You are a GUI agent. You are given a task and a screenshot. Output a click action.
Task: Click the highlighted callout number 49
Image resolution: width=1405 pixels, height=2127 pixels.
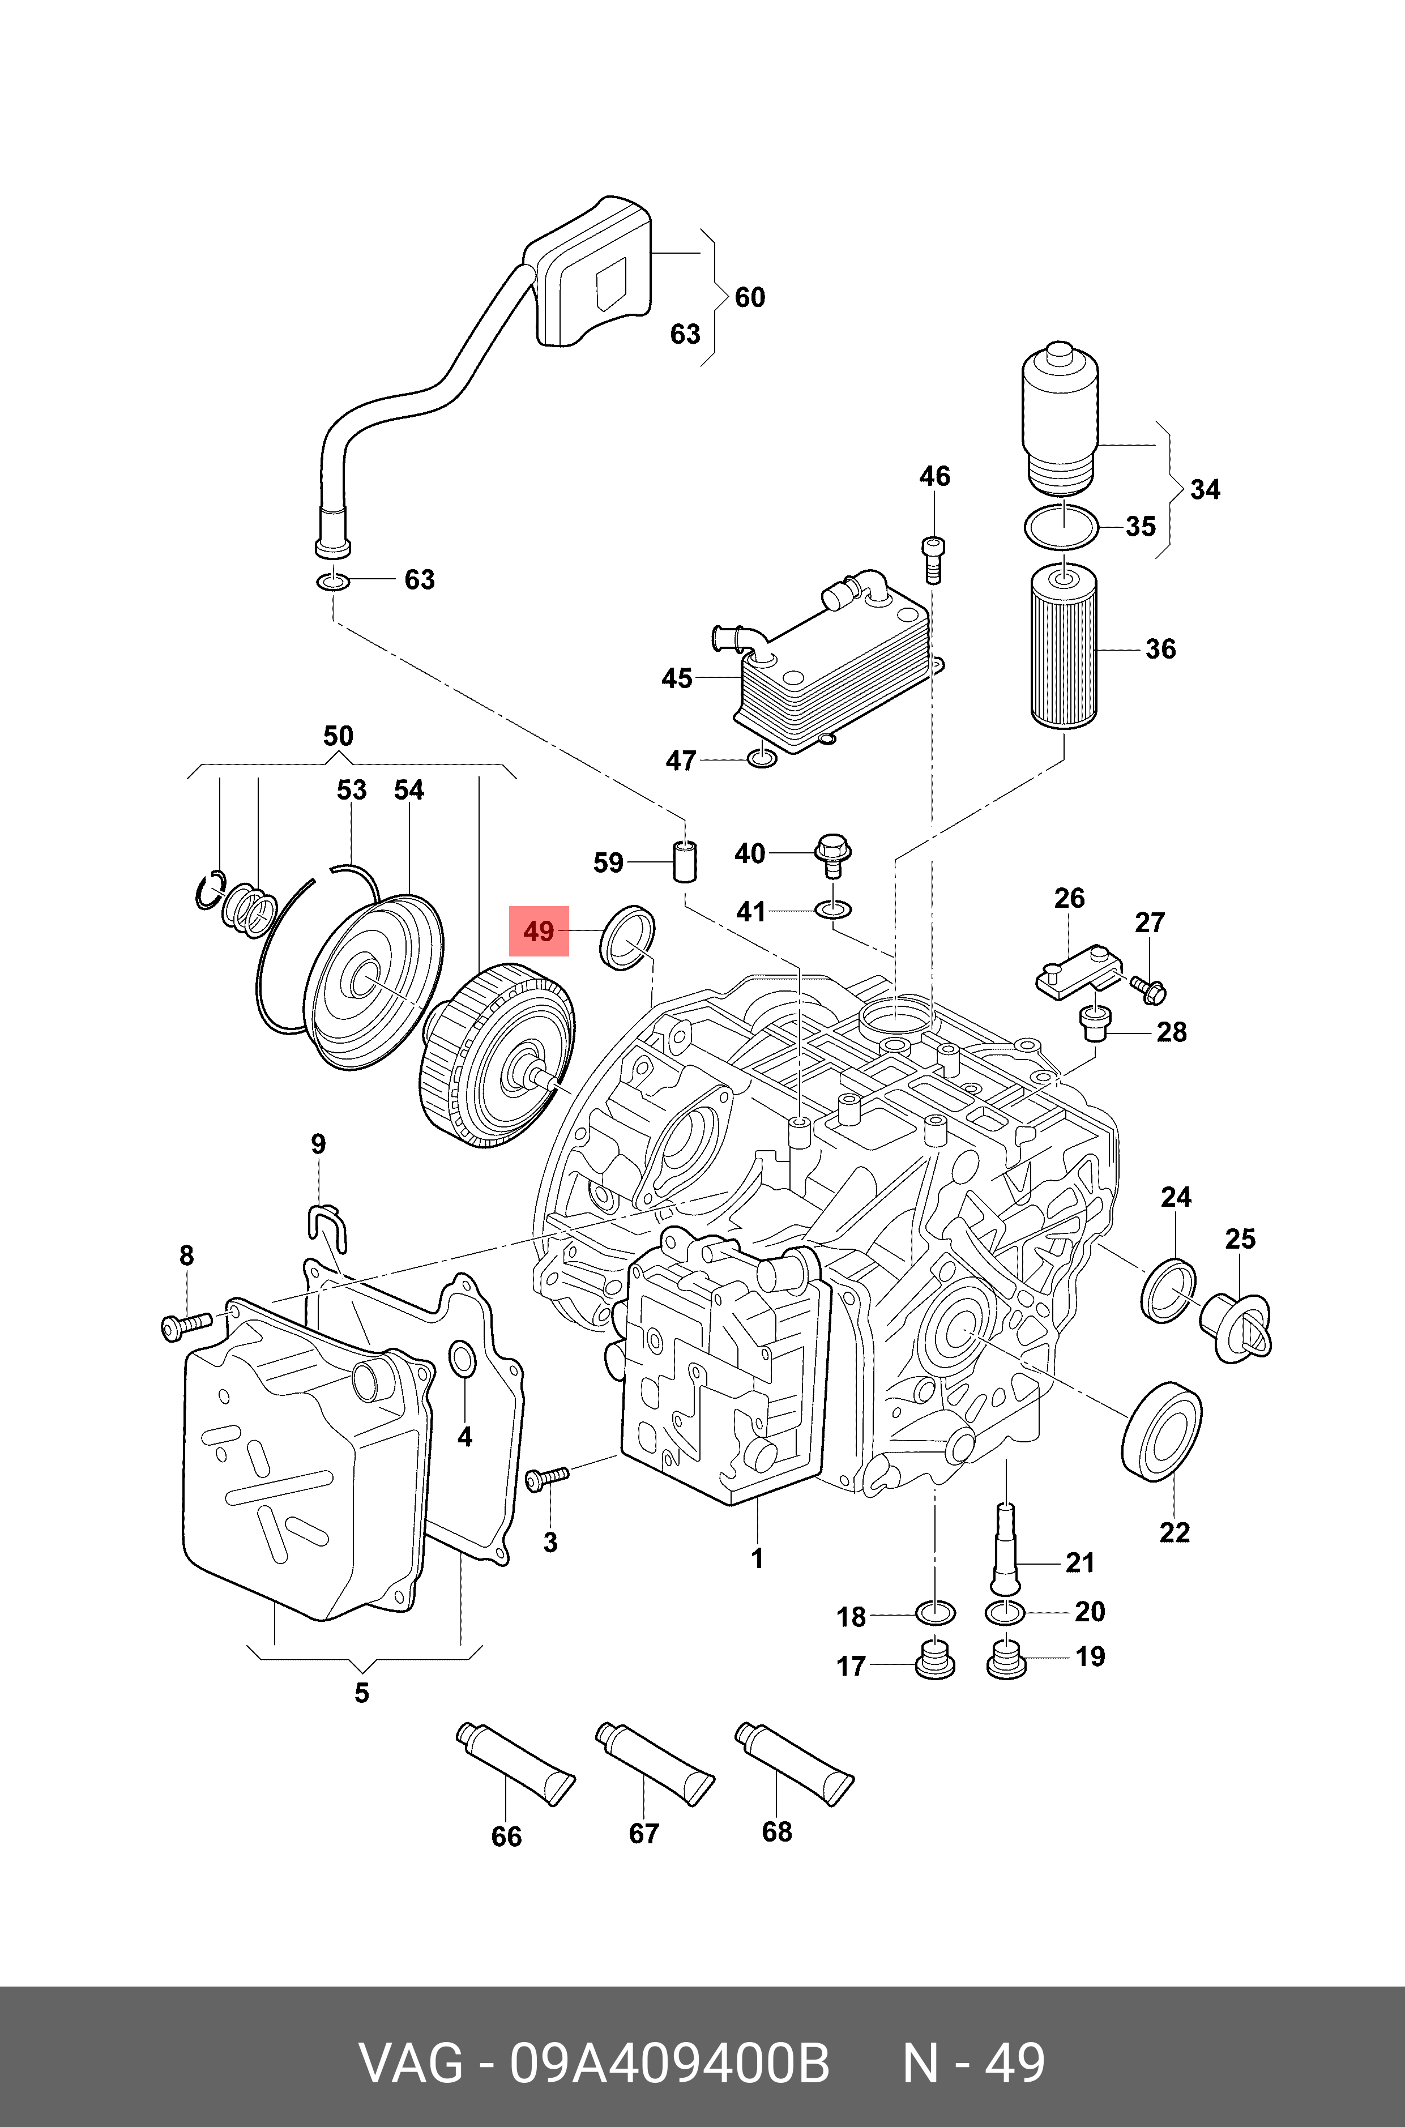(x=539, y=932)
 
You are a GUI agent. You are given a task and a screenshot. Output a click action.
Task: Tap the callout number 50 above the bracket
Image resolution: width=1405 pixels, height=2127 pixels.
(x=338, y=737)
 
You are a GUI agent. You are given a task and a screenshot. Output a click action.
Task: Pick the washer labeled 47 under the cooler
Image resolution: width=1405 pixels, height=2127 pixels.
(x=761, y=760)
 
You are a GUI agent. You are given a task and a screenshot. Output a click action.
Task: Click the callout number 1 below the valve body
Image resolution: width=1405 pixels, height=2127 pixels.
(x=757, y=1559)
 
